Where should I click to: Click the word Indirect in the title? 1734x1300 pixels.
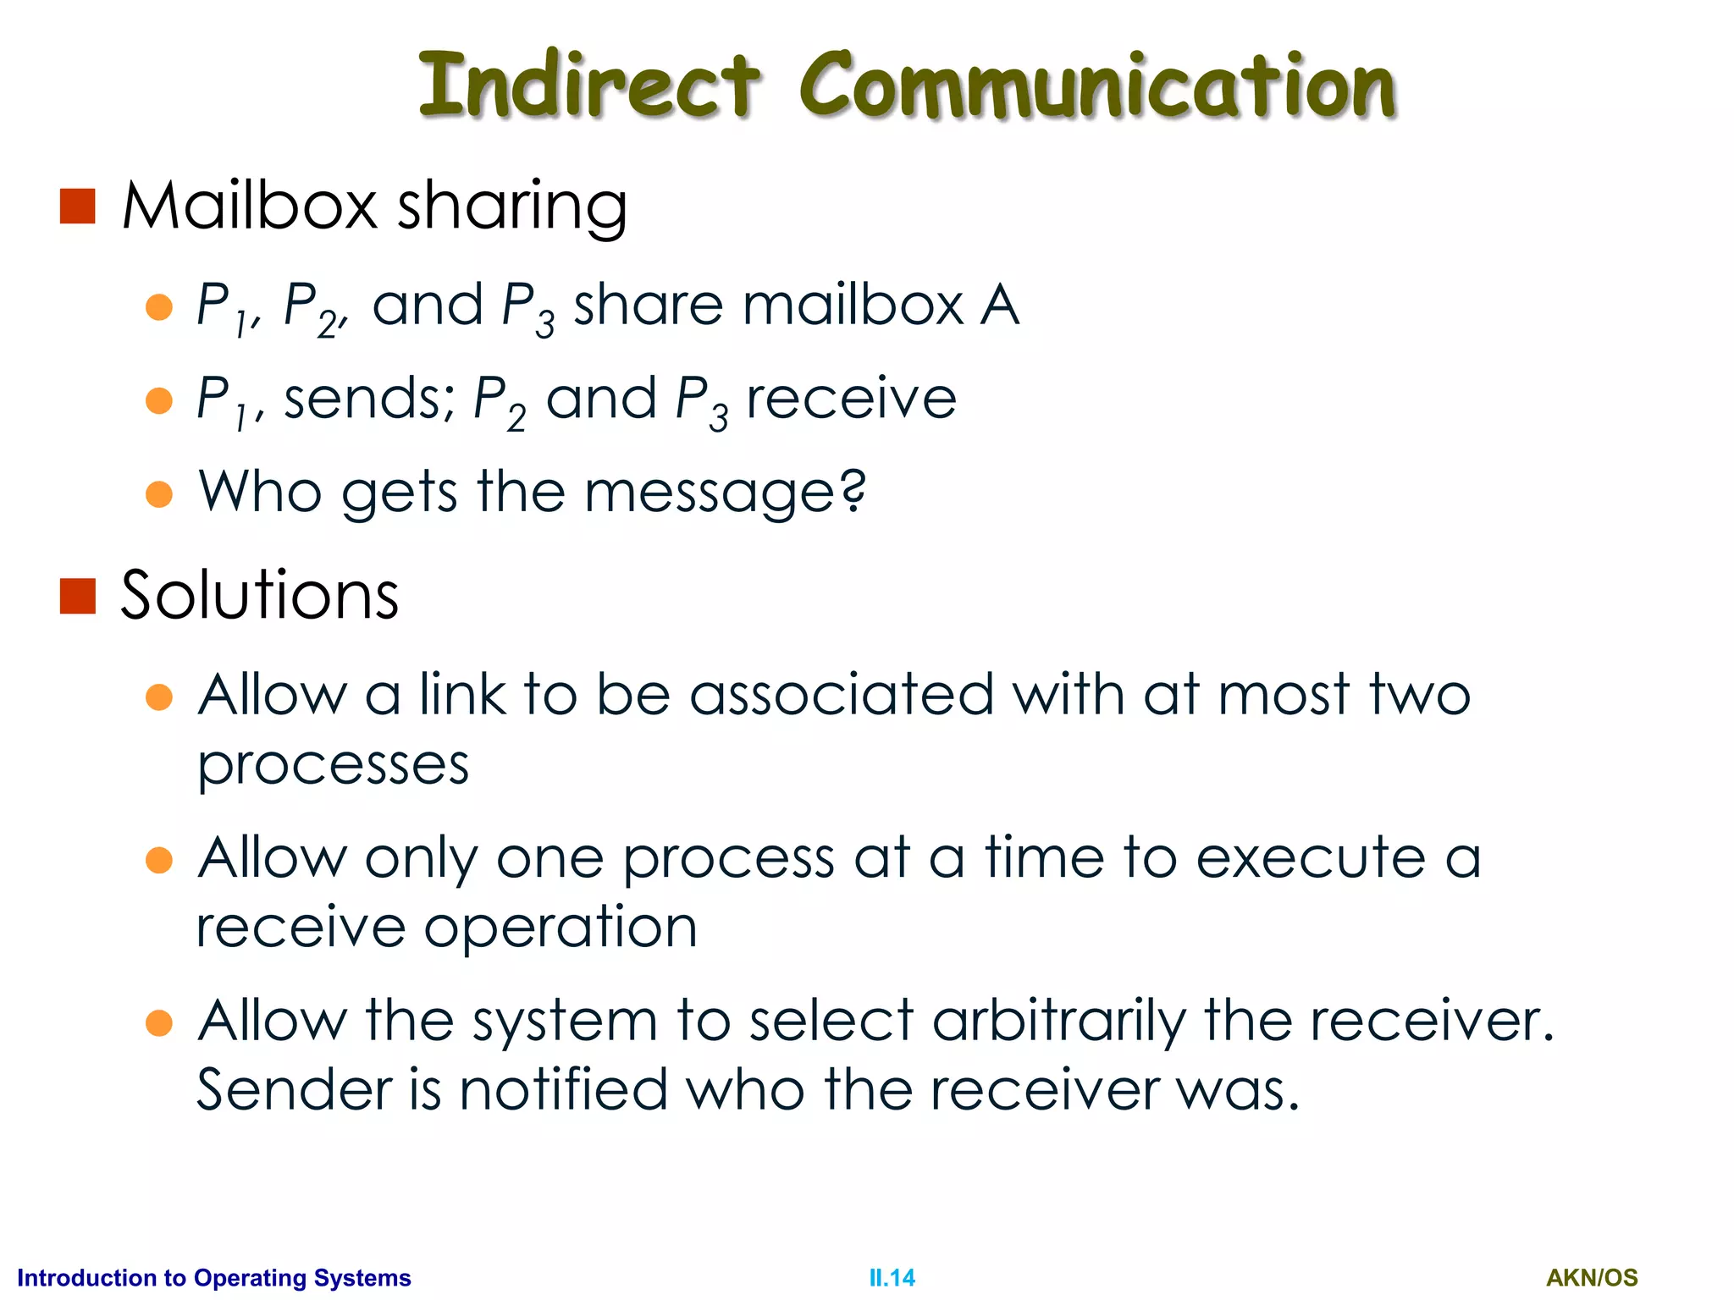(x=589, y=85)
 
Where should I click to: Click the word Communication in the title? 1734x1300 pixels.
(x=1097, y=85)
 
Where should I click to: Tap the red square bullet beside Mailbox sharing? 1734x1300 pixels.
(x=78, y=207)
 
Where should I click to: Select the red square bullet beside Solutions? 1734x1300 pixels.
(x=78, y=596)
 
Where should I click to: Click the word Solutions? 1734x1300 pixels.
(x=259, y=596)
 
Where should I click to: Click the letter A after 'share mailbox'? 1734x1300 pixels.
(x=1000, y=306)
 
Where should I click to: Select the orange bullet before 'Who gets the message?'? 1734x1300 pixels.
(x=159, y=493)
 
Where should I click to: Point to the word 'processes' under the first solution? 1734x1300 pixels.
(x=333, y=767)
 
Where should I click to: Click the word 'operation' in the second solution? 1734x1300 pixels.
(x=561, y=928)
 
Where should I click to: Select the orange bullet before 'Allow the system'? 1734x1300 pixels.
(x=159, y=1022)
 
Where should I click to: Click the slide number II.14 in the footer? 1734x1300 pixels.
(x=892, y=1278)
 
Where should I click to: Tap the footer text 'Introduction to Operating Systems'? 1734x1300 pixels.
(x=213, y=1278)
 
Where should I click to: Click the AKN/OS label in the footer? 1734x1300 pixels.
(x=1592, y=1278)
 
